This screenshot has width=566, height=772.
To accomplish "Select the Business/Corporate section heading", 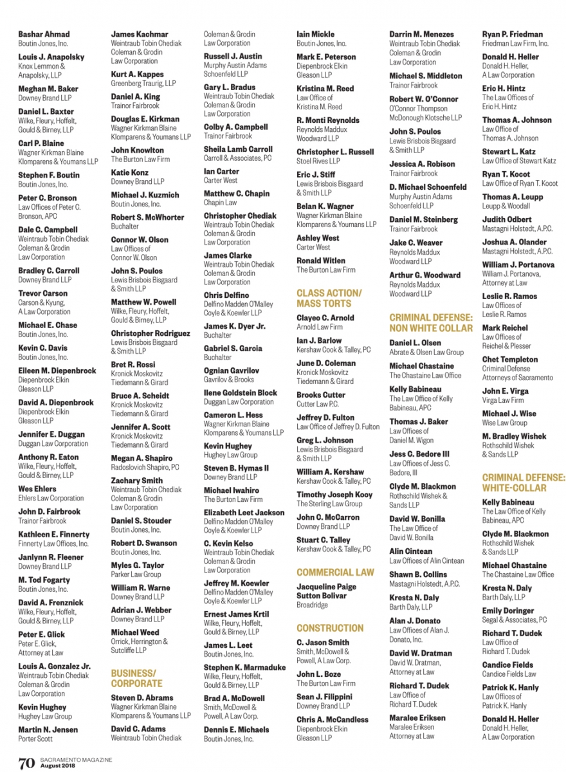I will [136, 678].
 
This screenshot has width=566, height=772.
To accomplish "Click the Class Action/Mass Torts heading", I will [329, 298].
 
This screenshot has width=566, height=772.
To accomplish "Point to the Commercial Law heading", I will [335, 572].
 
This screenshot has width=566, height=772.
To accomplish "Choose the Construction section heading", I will [330, 628].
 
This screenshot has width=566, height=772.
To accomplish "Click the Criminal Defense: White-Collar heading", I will [524, 482].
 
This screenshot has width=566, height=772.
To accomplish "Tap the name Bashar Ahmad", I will [44, 34].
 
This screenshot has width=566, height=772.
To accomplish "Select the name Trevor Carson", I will [42, 293].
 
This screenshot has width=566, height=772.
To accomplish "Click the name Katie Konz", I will [129, 172].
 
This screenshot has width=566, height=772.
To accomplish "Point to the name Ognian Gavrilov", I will [232, 371].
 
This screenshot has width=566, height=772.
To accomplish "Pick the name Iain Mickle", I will [315, 34].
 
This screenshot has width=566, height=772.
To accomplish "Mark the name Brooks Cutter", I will [321, 395].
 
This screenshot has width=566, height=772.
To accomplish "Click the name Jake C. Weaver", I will [415, 243].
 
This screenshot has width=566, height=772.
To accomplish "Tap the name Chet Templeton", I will [510, 360].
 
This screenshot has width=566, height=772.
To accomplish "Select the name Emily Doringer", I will [508, 611].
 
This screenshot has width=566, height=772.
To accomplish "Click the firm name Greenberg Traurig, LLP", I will [143, 84].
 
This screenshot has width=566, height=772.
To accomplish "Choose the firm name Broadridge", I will [312, 605].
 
